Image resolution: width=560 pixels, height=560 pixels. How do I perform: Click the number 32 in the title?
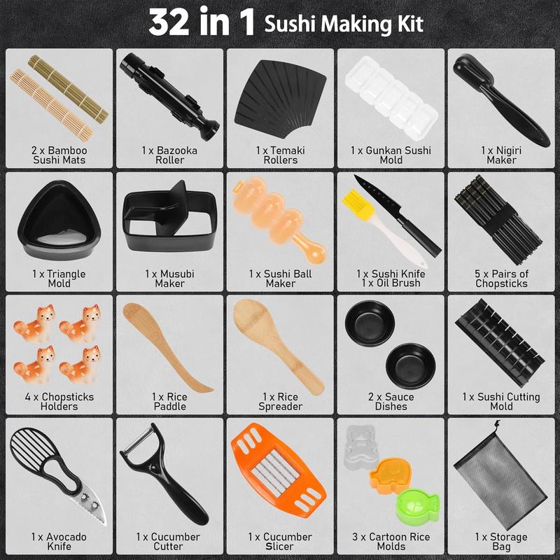tap(174, 23)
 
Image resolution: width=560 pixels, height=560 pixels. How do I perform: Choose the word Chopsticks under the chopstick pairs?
tap(501, 283)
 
